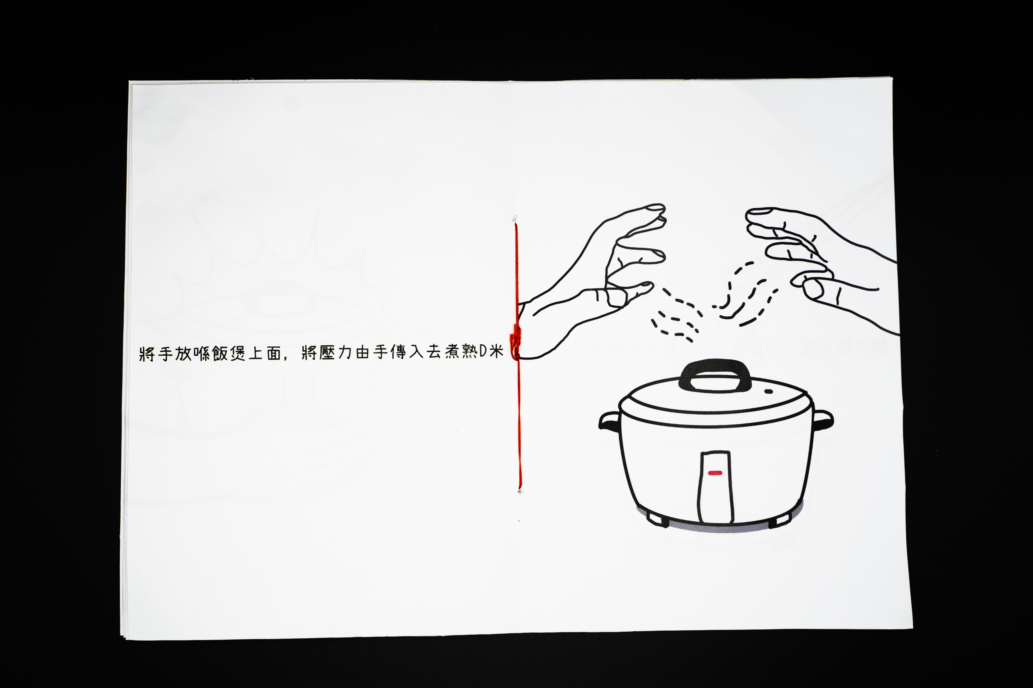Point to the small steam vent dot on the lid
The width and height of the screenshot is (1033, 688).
[769, 391]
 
